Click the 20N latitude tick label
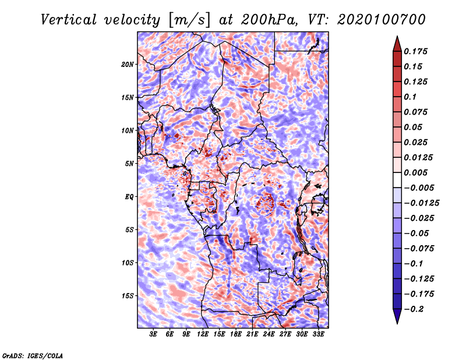(x=127, y=65)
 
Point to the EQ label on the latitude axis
(x=129, y=197)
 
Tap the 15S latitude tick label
(x=127, y=296)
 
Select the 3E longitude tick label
(x=153, y=334)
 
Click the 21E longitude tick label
(x=252, y=334)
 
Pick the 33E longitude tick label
(x=318, y=334)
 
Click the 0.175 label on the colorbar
(x=415, y=51)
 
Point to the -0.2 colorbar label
(x=413, y=309)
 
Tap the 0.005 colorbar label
(x=415, y=172)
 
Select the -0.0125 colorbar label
(x=421, y=203)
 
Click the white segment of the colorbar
(x=397, y=180)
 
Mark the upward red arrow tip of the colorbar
(x=397, y=36)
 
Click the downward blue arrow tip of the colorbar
(x=397, y=323)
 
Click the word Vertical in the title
(x=69, y=20)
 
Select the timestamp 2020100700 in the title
(x=382, y=19)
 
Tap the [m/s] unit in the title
(x=189, y=20)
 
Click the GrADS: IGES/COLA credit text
(x=33, y=355)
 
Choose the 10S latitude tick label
(x=127, y=263)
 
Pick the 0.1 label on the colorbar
(x=410, y=97)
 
